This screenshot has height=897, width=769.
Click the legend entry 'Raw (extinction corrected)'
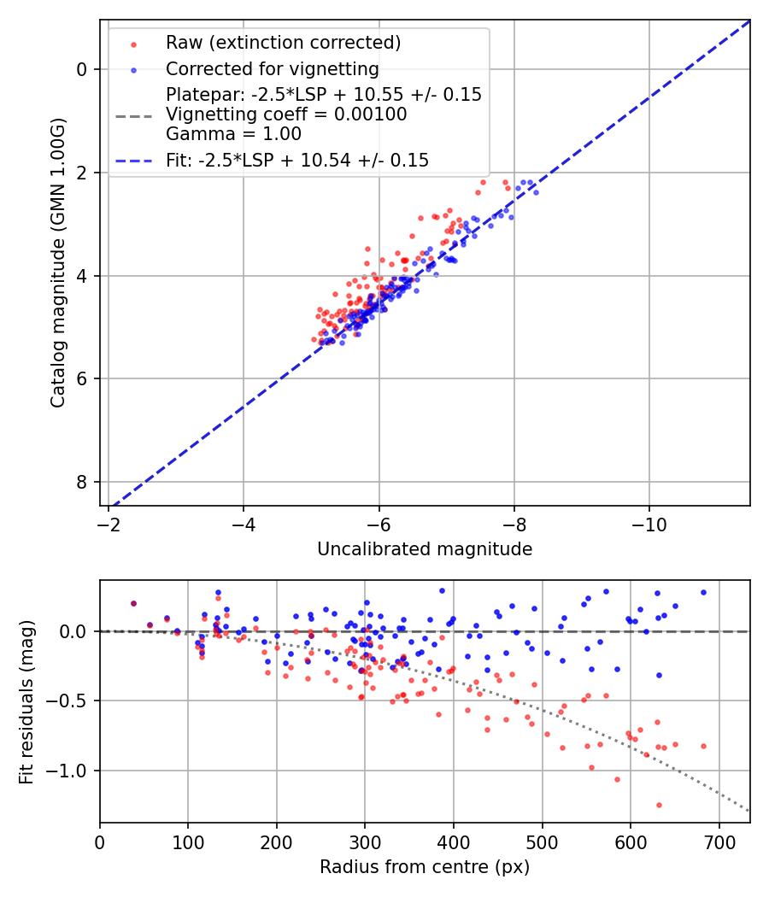[x=283, y=43]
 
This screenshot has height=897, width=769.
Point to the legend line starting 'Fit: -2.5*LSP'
[x=297, y=160]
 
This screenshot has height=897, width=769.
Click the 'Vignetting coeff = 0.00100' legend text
[x=286, y=114]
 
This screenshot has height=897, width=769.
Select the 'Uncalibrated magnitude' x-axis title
[x=425, y=549]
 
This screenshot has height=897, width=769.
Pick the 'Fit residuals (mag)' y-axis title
[x=26, y=701]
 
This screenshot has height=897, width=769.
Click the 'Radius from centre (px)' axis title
[x=425, y=867]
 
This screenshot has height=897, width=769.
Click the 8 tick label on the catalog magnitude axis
[x=81, y=482]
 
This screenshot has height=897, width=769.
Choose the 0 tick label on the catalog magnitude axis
[x=81, y=69]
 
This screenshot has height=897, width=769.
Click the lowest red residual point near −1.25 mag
[x=659, y=805]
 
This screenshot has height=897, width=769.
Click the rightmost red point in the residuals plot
[x=703, y=746]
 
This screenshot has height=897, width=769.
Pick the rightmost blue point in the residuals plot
[x=703, y=592]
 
